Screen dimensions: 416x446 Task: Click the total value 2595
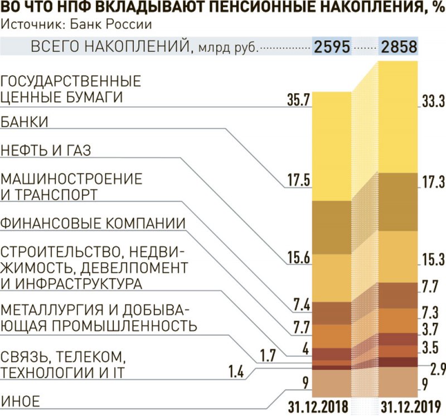point(332,47)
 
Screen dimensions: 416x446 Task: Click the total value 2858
point(399,47)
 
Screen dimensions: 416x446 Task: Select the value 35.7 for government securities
point(298,101)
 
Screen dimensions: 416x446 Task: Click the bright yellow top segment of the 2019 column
point(398,117)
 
